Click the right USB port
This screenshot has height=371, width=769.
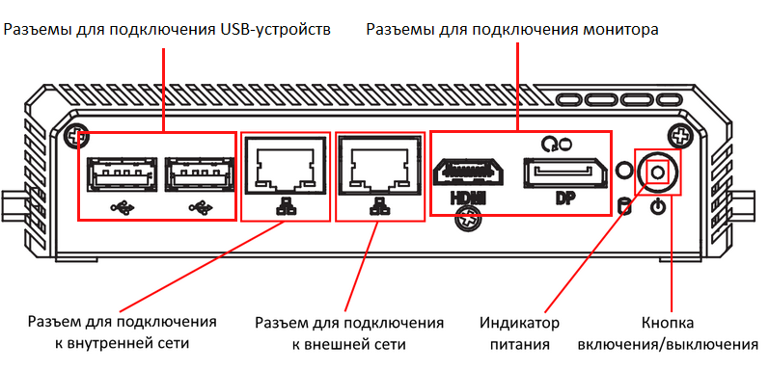pos(199,176)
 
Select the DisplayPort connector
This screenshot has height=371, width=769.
pos(565,172)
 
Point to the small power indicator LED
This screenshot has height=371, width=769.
pos(623,170)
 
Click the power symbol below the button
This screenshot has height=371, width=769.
pos(658,206)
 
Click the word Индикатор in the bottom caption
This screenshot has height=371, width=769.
pos(518,322)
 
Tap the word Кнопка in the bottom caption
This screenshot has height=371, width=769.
pos(666,322)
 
